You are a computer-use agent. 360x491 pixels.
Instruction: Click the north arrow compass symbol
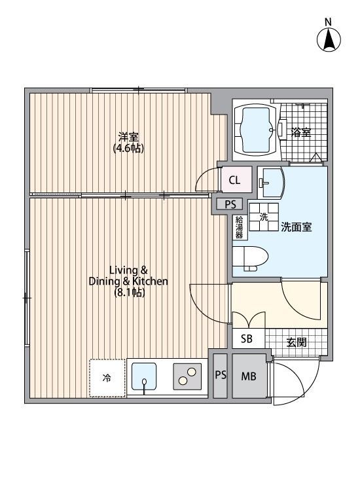(329, 40)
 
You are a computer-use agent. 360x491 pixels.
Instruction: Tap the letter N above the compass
(328, 22)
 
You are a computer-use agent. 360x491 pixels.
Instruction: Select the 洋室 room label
(129, 137)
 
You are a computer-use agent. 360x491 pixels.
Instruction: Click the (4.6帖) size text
(129, 149)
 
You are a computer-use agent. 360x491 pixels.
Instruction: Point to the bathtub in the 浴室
(255, 130)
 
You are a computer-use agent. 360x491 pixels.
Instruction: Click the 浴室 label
(301, 132)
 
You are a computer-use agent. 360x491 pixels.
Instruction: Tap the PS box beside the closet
(230, 204)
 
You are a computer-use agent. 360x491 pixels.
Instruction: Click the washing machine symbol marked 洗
(264, 217)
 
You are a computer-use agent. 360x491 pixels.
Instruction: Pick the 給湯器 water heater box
(240, 228)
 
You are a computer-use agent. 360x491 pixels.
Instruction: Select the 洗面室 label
(296, 227)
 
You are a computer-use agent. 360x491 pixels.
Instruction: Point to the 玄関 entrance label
(296, 342)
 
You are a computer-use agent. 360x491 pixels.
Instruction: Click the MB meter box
(249, 376)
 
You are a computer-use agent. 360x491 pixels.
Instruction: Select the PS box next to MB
(221, 375)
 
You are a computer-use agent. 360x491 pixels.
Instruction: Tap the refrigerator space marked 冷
(107, 378)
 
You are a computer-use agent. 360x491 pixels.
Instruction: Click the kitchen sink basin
(144, 376)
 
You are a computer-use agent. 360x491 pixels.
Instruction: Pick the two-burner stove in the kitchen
(187, 376)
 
